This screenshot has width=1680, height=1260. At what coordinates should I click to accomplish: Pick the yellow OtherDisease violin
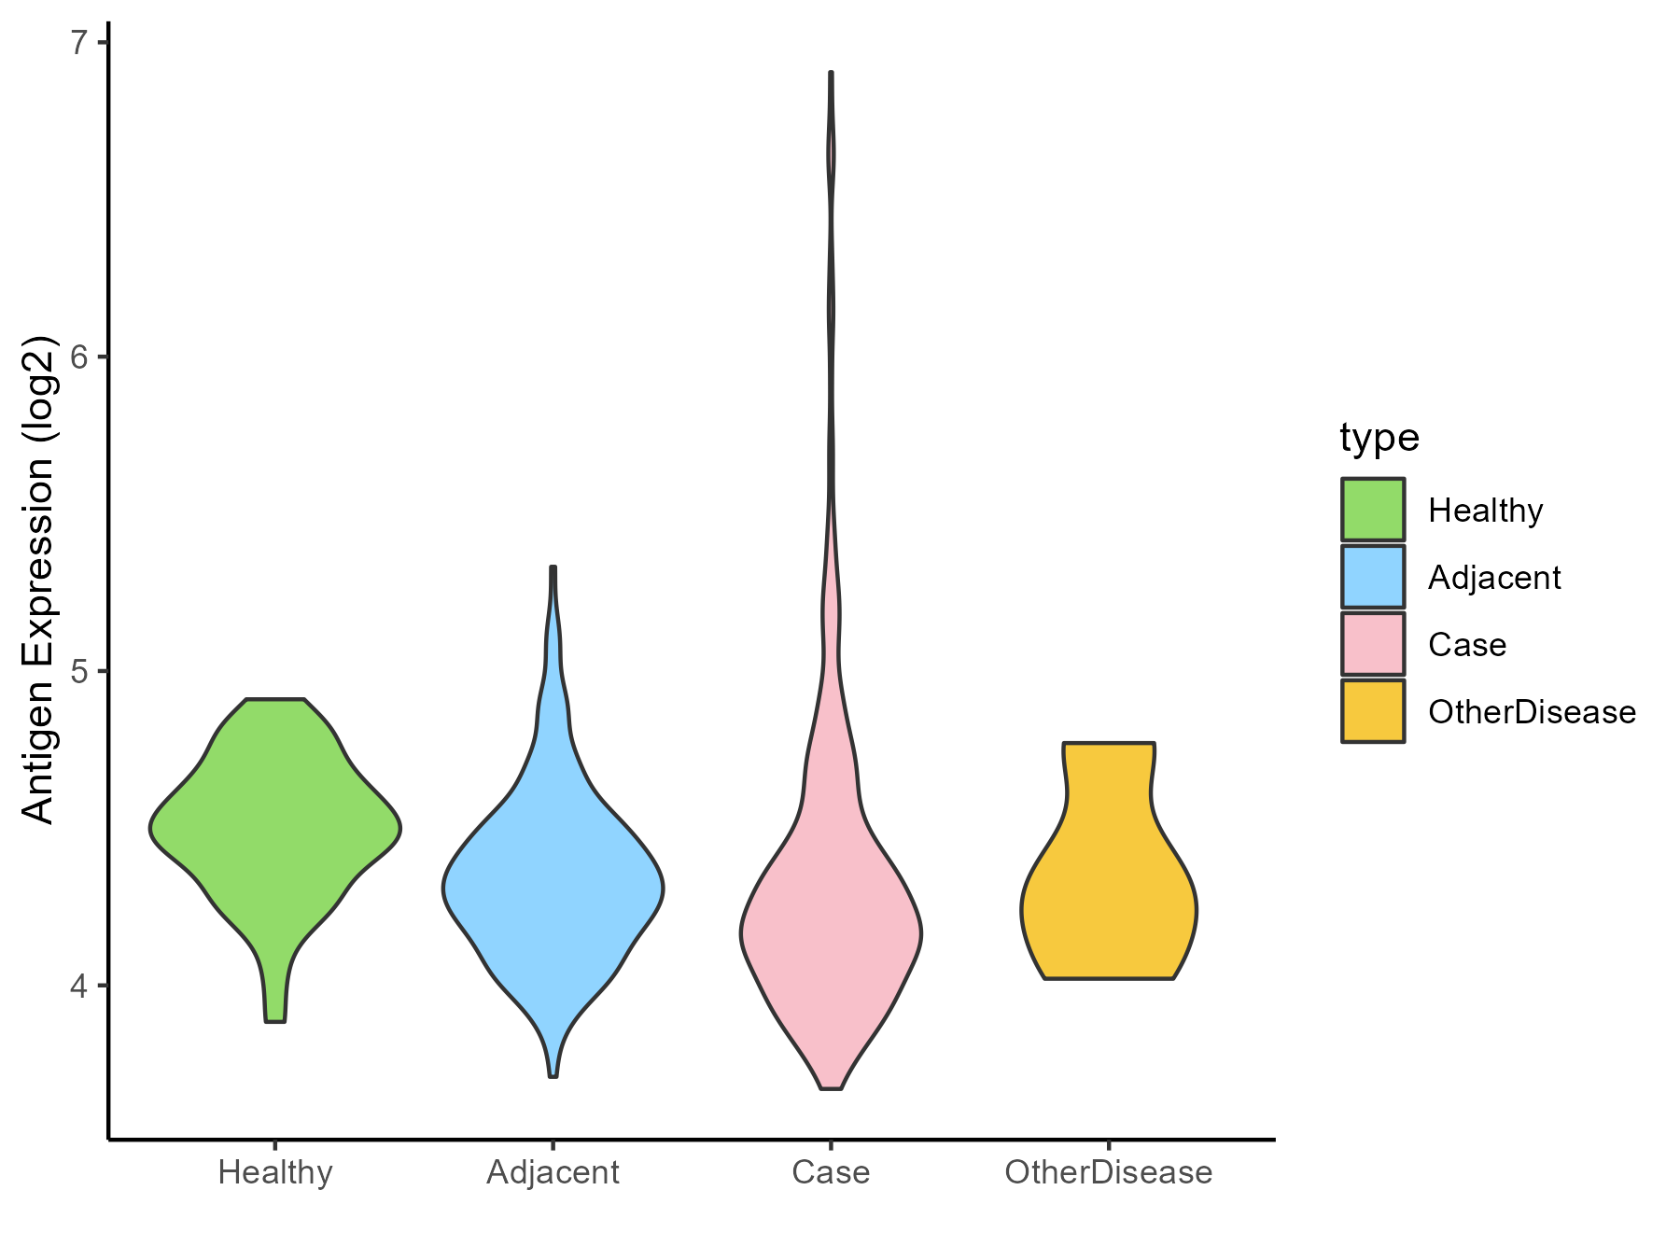[1109, 896]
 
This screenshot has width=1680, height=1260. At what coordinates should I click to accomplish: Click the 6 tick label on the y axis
[79, 357]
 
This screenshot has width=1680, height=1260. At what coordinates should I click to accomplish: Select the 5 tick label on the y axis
[79, 671]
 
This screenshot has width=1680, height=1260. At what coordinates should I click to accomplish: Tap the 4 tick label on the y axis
[79, 986]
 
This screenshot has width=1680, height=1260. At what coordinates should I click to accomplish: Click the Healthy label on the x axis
[275, 1172]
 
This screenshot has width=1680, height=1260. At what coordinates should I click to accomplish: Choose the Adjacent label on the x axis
[553, 1172]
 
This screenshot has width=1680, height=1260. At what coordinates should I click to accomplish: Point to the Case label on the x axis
[831, 1172]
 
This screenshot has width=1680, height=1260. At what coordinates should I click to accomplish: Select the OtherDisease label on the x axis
[1109, 1172]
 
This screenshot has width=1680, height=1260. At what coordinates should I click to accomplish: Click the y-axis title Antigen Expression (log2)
[37, 579]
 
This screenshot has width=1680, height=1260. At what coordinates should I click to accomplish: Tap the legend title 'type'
[1379, 437]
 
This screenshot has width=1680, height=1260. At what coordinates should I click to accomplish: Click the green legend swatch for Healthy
[1373, 510]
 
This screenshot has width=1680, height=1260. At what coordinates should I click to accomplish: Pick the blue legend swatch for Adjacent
[1373, 577]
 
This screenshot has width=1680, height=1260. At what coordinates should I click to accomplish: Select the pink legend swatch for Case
[1373, 644]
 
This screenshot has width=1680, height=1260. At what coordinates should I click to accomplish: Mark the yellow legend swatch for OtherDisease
[1373, 711]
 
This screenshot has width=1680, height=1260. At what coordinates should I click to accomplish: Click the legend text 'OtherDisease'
[1532, 712]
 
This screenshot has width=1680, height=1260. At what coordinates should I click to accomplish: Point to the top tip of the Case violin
[831, 74]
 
